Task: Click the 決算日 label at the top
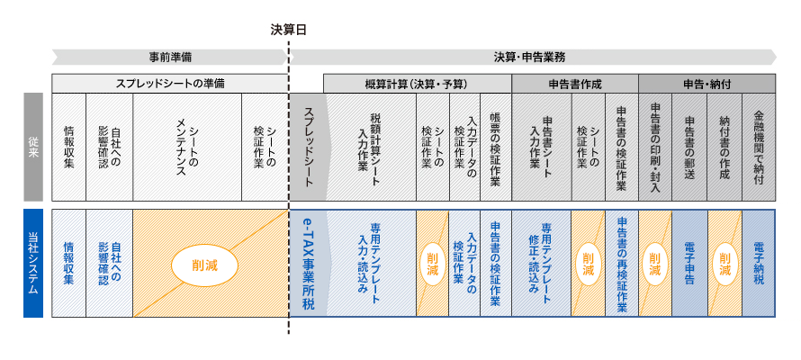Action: tap(289, 29)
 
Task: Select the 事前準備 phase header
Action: tap(170, 57)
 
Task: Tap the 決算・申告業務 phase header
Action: tap(529, 57)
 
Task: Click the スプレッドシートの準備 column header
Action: tap(170, 84)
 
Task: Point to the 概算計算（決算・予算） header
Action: tap(416, 84)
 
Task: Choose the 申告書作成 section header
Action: tap(574, 84)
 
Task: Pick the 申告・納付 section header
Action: tap(706, 84)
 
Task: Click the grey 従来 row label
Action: tap(33, 147)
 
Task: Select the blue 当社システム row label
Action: tap(33, 263)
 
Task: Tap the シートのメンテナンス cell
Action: tap(186, 147)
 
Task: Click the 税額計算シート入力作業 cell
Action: tap(370, 147)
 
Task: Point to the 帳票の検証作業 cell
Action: tap(495, 147)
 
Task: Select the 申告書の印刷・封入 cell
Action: tap(654, 147)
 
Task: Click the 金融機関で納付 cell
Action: tap(759, 147)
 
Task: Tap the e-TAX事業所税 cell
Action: tap(307, 263)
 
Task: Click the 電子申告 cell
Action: tap(689, 263)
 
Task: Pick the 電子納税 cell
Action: tap(759, 263)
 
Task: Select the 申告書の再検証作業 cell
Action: tap(621, 263)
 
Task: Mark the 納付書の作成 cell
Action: tap(724, 147)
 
